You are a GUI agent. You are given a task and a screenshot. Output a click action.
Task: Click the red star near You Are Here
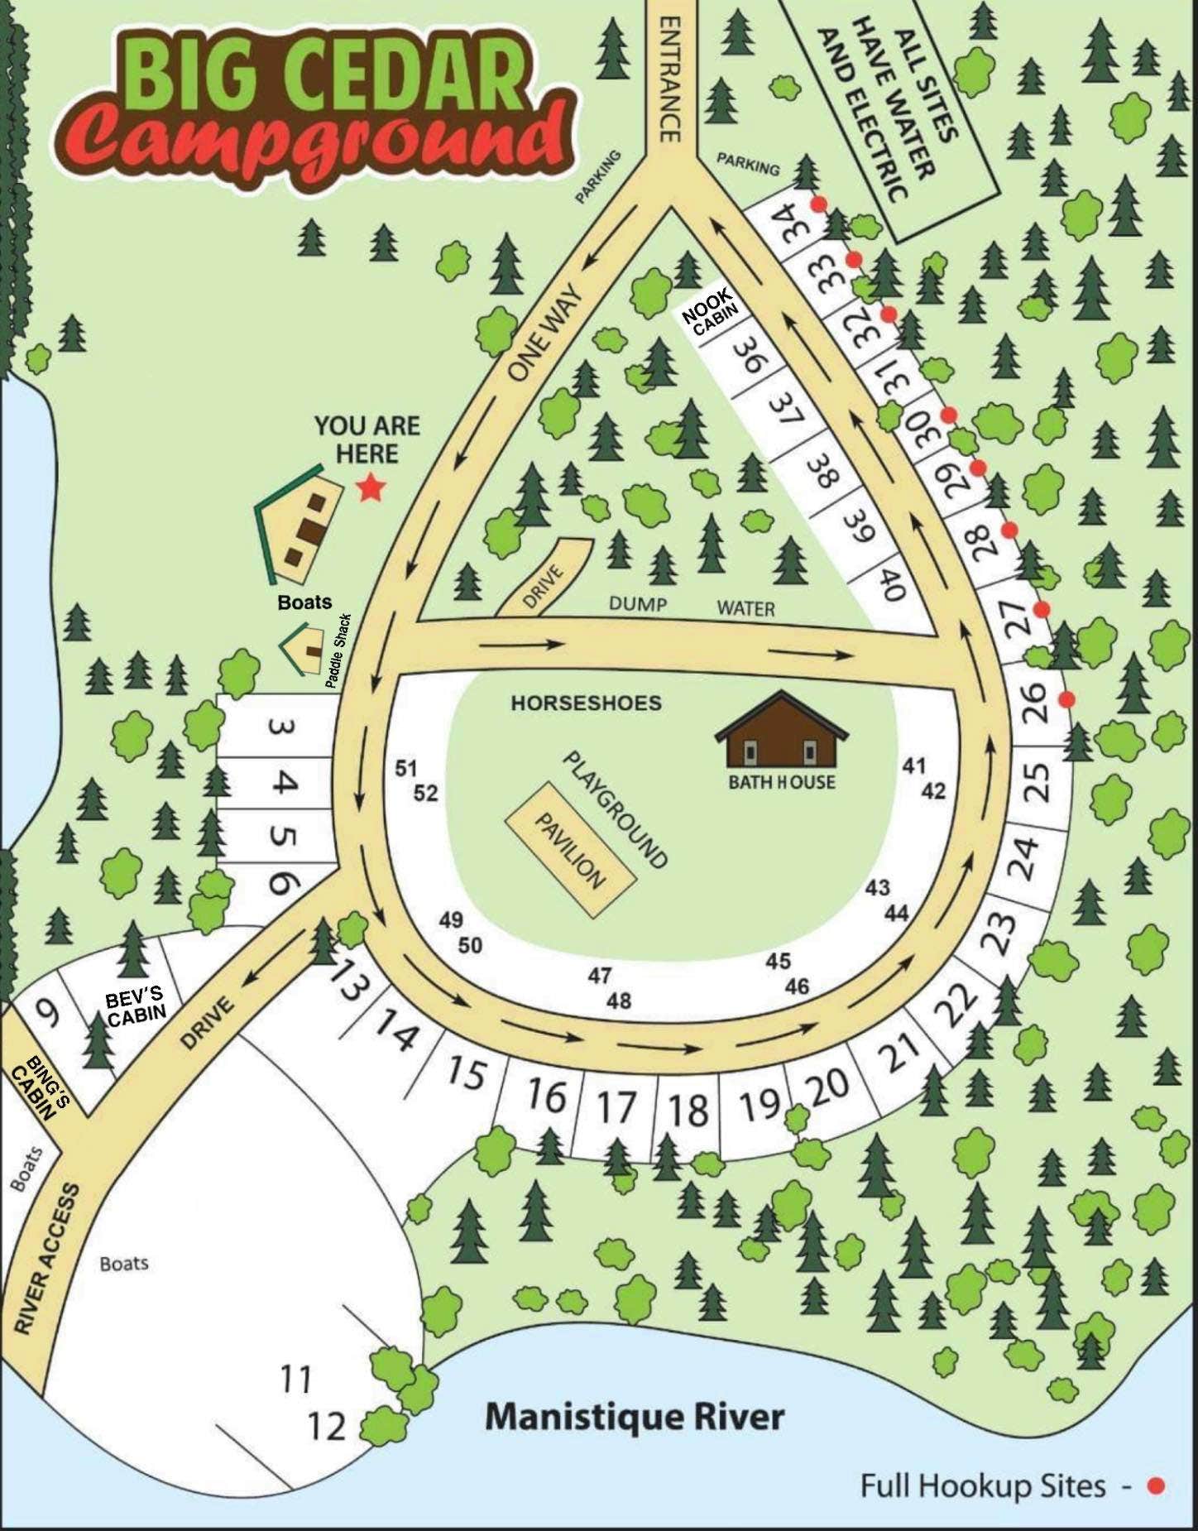pos(370,488)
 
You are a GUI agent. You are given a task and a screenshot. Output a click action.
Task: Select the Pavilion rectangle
pos(571,848)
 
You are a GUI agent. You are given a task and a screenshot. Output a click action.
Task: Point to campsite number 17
pos(616,1107)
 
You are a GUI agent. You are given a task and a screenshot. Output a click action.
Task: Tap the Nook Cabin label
pos(709,318)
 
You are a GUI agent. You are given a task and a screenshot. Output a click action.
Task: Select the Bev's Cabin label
pos(136,1005)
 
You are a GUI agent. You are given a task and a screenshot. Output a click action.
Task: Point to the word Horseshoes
pos(586,703)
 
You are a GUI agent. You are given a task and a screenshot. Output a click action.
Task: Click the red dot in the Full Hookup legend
pos(1156,1486)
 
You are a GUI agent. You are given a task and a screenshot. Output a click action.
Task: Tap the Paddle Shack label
pos(338,650)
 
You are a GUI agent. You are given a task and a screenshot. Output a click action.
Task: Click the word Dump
pos(638,604)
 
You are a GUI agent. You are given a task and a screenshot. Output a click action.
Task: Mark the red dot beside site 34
pos(818,204)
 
